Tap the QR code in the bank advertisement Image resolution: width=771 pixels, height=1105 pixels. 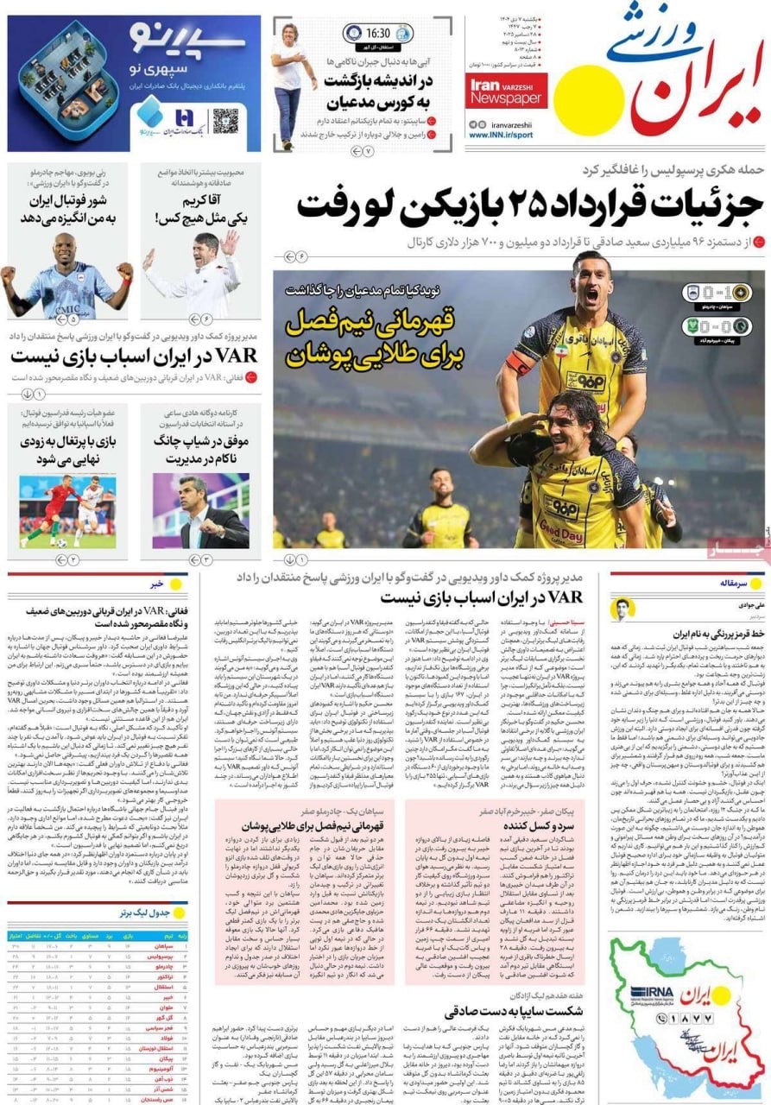(224, 120)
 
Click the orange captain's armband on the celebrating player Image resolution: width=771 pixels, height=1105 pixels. (520, 361)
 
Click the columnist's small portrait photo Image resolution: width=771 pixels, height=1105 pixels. (622, 609)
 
